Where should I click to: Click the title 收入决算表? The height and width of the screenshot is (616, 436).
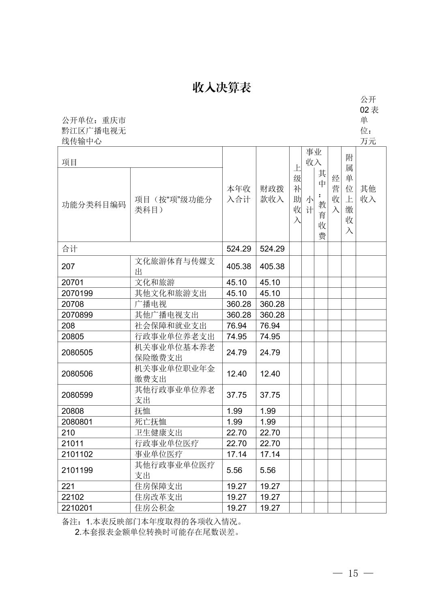221,88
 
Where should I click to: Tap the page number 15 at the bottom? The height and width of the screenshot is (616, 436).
353,573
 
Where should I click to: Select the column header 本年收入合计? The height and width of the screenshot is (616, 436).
239,194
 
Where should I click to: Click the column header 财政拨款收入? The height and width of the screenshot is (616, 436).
272,194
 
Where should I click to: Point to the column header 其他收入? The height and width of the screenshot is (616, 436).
368,194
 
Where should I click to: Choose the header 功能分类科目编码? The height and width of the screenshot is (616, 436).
94,205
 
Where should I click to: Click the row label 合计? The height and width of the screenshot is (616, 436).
69,249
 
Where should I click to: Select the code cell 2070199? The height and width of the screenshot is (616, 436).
77,293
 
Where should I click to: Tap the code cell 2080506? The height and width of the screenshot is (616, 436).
77,374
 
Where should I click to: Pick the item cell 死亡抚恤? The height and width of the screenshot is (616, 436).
150,422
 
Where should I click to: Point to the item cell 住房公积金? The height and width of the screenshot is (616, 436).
155,508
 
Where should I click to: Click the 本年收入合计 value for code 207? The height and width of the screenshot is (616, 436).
239,266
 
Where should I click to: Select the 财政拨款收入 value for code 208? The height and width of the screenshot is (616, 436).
270,326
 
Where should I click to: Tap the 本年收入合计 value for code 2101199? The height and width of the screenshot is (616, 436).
234,470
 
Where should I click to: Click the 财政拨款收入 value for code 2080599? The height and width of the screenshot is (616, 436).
270,395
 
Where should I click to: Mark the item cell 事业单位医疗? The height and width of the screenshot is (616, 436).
159,454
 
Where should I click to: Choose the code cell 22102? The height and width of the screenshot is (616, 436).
73,497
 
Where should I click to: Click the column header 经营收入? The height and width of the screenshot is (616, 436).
335,194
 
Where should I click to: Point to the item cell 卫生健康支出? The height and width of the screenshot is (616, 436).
159,433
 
